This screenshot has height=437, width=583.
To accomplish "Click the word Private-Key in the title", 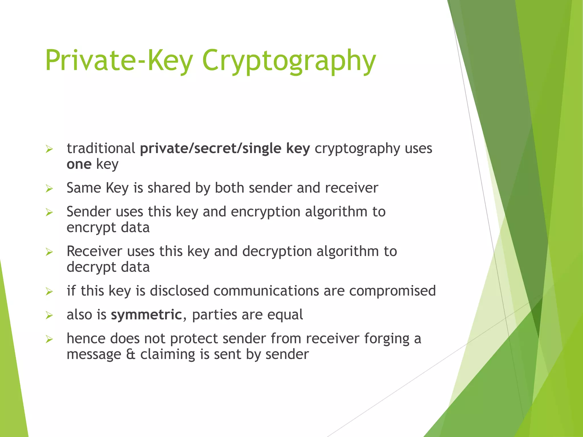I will point(119,60).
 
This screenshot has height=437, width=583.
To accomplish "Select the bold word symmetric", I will point(146,315).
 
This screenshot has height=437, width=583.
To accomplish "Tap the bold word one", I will point(79,164).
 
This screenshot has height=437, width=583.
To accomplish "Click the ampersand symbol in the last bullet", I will point(131,354).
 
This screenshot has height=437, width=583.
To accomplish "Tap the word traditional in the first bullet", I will point(101,149).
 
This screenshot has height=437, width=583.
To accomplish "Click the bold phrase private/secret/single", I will point(211,149).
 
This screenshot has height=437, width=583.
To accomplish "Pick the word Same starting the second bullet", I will point(84,188).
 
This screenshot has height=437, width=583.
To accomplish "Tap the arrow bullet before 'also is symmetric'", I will point(49,315).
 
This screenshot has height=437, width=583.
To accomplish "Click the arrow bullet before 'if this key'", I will point(49,291).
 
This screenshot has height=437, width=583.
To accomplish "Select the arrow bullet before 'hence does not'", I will point(49,339).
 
